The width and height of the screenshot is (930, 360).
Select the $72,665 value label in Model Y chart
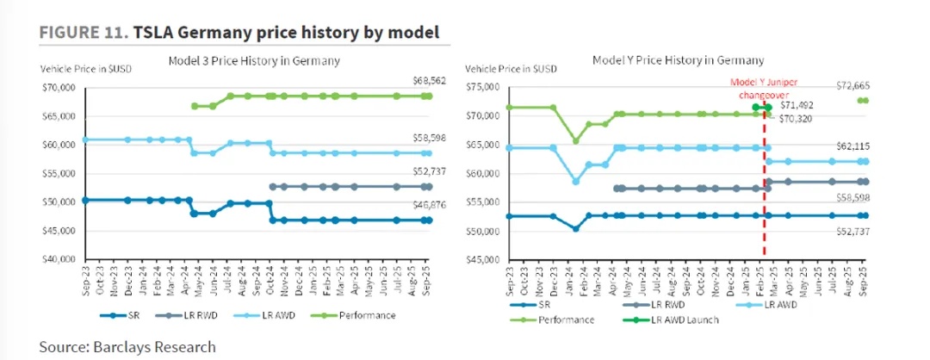click(854, 86)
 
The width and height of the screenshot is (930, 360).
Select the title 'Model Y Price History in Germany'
click(678, 61)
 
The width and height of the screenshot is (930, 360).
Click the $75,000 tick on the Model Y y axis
click(483, 87)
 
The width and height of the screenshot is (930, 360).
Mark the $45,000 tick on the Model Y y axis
click(483, 259)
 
